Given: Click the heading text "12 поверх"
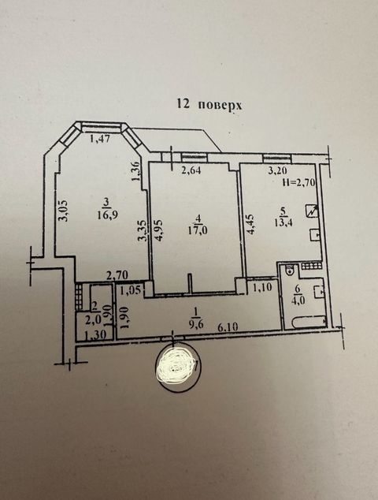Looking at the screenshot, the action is click(x=209, y=105).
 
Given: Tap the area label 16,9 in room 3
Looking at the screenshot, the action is click(x=108, y=215).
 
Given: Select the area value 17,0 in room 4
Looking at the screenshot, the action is click(x=198, y=229).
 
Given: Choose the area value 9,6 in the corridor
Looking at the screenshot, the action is click(x=196, y=324).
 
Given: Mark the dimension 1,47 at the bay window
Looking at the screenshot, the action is click(x=100, y=139).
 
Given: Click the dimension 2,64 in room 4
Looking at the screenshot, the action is click(x=191, y=170).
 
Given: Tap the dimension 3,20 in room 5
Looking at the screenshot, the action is click(x=277, y=171).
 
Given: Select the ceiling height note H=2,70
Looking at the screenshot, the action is click(x=298, y=182).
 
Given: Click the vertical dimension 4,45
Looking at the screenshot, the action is click(x=251, y=225).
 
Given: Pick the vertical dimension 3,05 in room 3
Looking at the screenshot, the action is click(x=64, y=211).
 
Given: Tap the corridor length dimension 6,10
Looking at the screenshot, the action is click(x=228, y=326).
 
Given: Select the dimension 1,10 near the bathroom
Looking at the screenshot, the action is click(x=262, y=287).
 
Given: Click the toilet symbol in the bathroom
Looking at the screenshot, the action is click(x=291, y=270).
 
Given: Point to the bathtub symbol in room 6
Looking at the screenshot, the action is click(x=309, y=322).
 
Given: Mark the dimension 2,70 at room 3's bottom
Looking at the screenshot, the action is click(x=118, y=275).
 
